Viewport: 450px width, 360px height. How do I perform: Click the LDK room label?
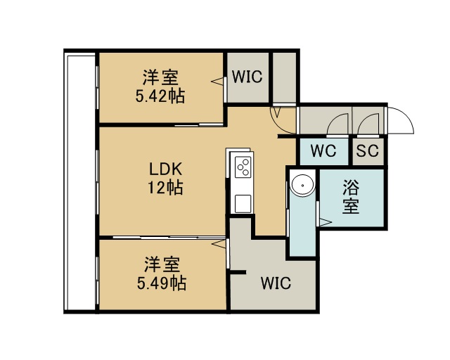click(166, 169)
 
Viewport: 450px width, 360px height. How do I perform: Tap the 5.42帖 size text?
click(160, 96)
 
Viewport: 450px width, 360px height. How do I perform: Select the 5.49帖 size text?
click(161, 283)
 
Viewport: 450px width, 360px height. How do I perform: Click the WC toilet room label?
click(323, 150)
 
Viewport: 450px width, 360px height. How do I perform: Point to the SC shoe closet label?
click(367, 150)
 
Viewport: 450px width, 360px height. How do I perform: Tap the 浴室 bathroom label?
click(351, 197)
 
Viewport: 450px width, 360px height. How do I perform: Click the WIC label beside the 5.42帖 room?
click(247, 77)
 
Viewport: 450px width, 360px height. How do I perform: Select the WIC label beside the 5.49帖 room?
click(276, 283)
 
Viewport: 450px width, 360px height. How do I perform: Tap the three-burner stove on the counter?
click(243, 167)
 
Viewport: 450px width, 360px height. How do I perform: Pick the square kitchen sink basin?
click(243, 203)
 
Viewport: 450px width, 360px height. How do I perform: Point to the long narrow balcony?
click(81, 183)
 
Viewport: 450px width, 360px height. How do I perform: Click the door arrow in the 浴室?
click(326, 222)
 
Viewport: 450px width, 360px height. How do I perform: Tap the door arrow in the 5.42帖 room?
click(217, 81)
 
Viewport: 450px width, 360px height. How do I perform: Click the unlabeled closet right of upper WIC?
click(284, 77)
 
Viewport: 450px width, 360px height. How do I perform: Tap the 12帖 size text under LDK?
click(166, 188)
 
